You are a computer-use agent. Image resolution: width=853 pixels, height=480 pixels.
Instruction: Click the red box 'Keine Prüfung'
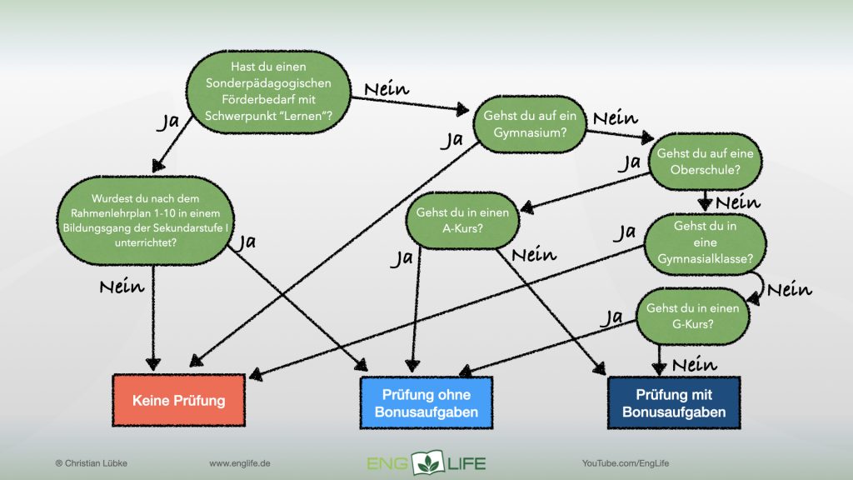178,400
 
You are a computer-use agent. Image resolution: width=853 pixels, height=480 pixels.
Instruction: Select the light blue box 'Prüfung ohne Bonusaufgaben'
426,402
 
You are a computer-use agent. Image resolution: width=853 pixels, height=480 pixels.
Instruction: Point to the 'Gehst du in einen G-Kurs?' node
692,317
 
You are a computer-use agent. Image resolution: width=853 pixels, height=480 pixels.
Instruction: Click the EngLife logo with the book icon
426,462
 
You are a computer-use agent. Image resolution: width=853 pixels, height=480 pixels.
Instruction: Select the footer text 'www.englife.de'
243,462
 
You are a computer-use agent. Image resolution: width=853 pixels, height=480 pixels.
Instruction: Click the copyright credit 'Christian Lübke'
89,462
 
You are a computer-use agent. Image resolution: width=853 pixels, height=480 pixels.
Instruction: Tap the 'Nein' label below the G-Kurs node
694,364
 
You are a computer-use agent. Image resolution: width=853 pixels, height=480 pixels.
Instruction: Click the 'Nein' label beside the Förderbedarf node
386,89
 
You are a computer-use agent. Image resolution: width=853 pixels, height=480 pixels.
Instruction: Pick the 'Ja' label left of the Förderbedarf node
168,122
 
